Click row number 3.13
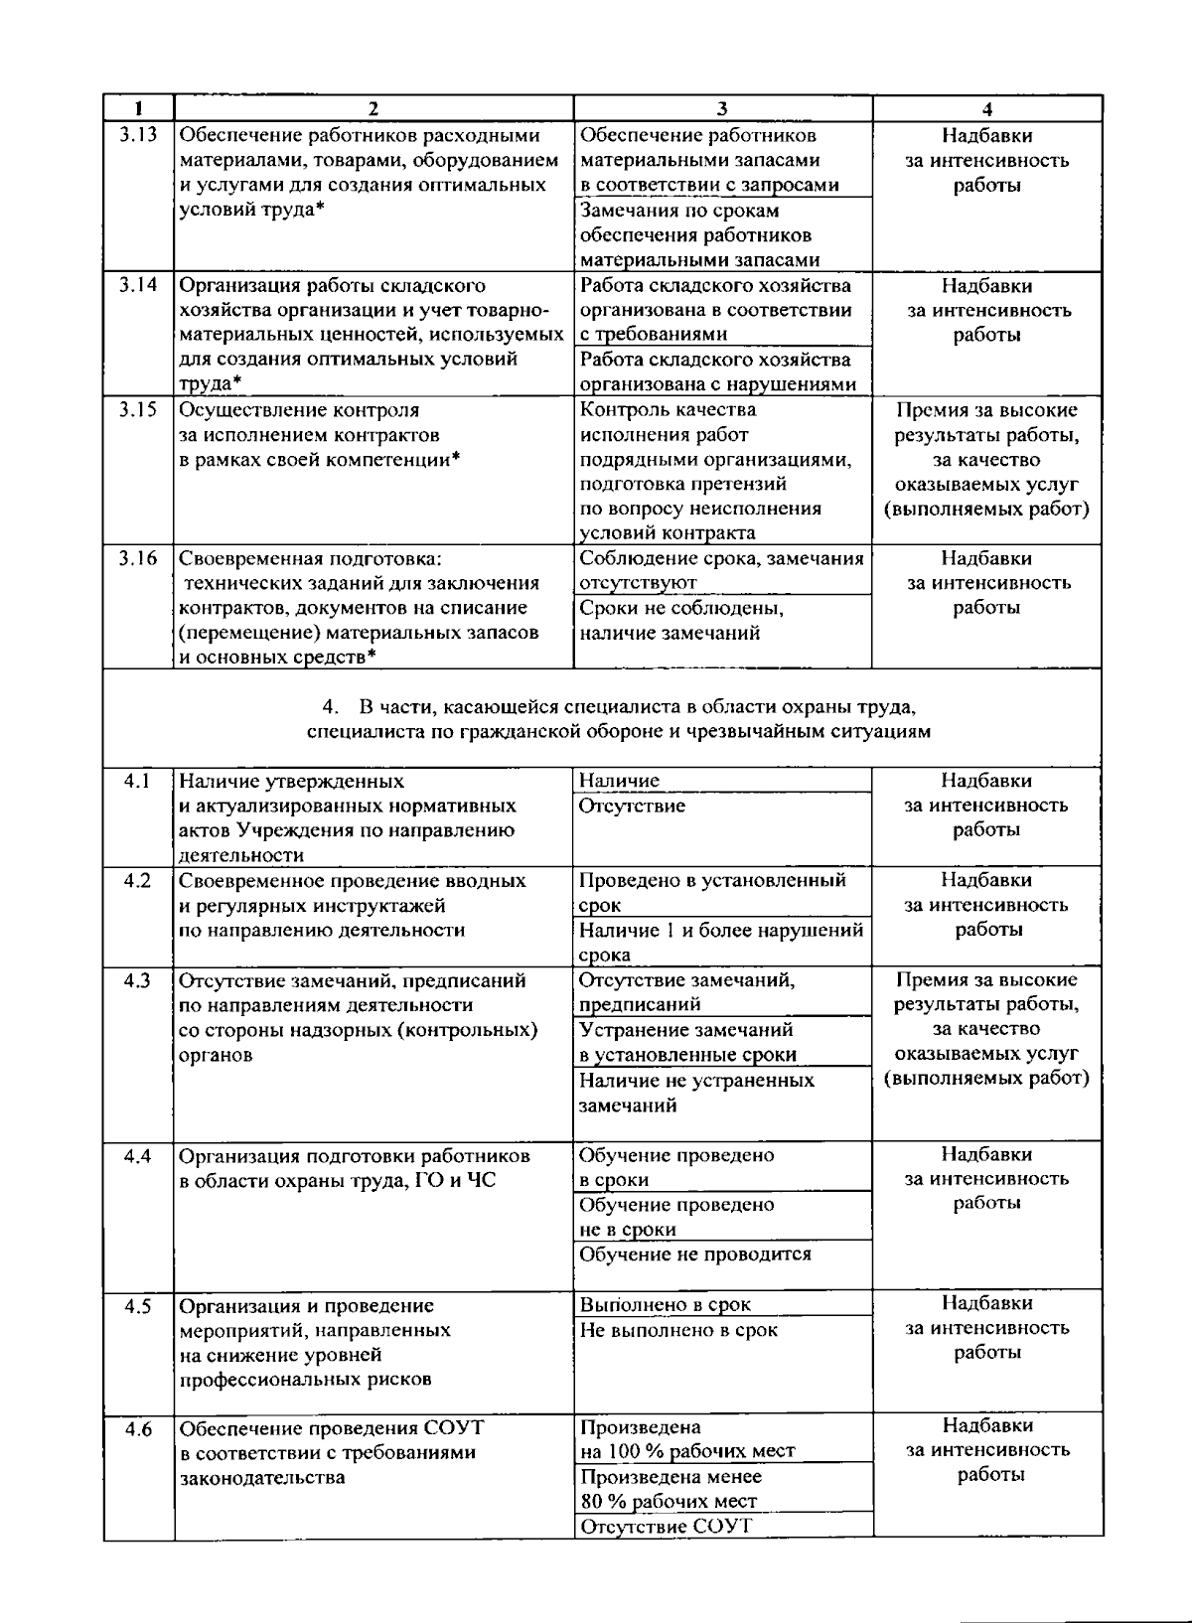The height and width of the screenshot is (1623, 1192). (x=139, y=135)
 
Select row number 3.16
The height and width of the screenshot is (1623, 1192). (x=139, y=558)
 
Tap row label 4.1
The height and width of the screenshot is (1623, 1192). (x=138, y=781)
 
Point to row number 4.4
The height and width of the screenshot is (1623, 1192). (x=138, y=1156)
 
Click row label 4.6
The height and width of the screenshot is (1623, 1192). (x=138, y=1429)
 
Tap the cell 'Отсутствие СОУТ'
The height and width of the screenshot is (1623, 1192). (x=666, y=1527)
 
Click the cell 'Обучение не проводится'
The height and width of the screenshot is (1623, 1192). (x=695, y=1254)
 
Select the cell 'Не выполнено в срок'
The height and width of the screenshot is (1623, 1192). (x=678, y=1330)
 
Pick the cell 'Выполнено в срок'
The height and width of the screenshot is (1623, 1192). (x=666, y=1305)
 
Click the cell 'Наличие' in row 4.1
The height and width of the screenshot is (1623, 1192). (x=619, y=781)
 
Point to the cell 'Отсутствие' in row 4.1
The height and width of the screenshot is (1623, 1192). (x=632, y=806)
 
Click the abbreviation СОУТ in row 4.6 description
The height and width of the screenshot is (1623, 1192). (x=454, y=1428)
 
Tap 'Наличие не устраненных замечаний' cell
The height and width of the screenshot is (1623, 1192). (x=696, y=1093)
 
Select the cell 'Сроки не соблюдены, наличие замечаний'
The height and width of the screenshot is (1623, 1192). (x=681, y=620)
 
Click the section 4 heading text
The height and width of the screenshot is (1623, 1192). (x=618, y=720)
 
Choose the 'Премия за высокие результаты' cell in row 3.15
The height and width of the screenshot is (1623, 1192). (x=986, y=459)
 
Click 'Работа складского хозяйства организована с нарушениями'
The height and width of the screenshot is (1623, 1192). (x=717, y=371)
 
